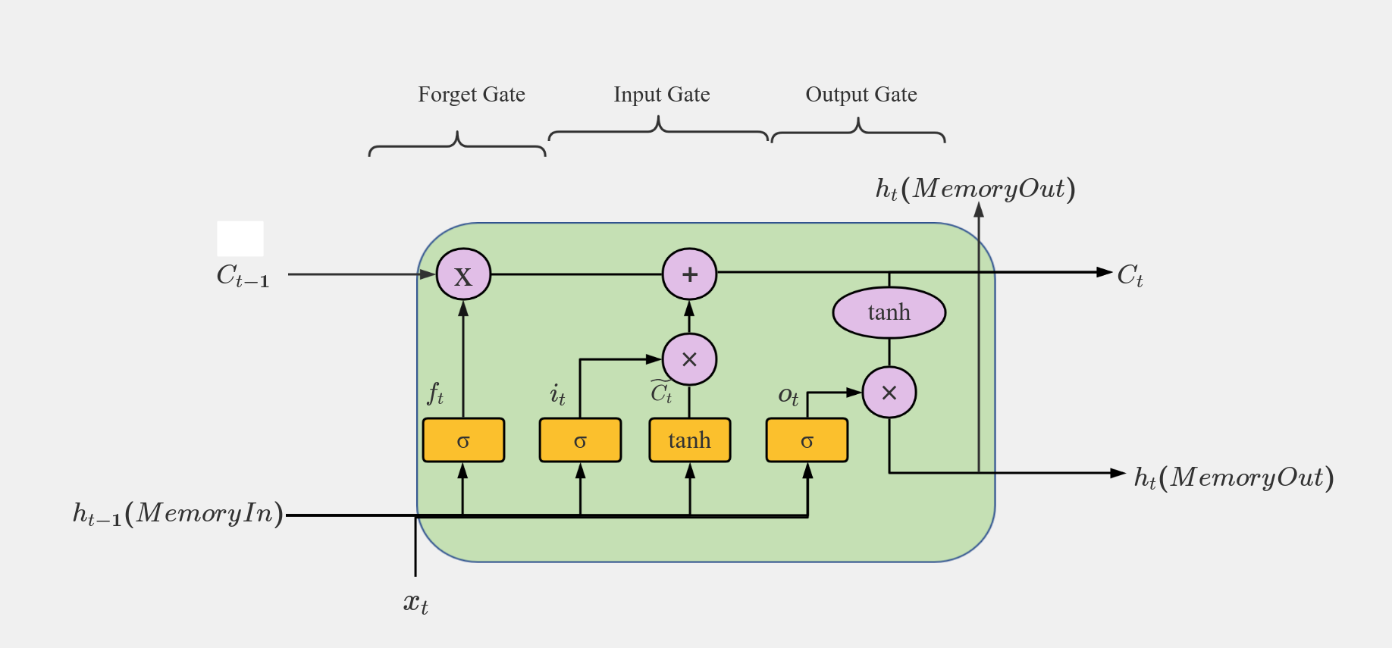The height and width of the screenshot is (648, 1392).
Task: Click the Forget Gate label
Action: [471, 95]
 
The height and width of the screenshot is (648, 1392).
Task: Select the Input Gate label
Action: [661, 95]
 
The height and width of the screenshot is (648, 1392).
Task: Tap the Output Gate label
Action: [861, 95]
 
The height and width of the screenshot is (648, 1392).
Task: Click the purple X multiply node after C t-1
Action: [463, 274]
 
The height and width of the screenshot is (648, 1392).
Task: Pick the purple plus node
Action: [689, 274]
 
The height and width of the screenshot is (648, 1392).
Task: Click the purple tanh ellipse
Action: [889, 312]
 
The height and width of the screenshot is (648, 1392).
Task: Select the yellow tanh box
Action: [689, 440]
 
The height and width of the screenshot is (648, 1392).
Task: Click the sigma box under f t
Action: [463, 440]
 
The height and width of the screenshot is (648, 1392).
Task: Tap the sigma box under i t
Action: [580, 440]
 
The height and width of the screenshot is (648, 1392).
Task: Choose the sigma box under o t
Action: [807, 440]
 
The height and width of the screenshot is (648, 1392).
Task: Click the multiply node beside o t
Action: [889, 393]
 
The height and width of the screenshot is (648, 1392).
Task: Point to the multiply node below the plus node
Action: [689, 359]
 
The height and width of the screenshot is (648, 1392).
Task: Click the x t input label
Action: [415, 603]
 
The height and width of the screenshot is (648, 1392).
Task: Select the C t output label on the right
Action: [1130, 274]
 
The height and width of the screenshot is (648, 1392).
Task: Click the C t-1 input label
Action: [243, 276]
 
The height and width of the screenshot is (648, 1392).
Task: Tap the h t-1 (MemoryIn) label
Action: [178, 514]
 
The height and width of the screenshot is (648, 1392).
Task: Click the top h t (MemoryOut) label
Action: [975, 189]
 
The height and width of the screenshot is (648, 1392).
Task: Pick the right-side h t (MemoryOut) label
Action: [1234, 477]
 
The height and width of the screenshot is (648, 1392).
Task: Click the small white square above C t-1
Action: [240, 239]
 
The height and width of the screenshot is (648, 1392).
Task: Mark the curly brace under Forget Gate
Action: [457, 145]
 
